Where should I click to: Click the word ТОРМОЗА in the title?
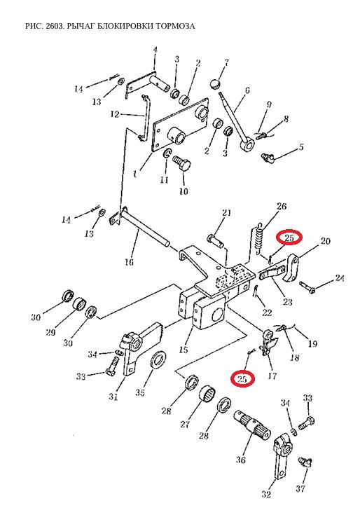(176, 26)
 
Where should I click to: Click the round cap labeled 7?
(215, 84)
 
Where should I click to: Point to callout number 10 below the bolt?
(184, 191)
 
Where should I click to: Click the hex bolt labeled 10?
(181, 163)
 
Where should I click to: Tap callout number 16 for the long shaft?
(130, 262)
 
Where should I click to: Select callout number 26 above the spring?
(282, 206)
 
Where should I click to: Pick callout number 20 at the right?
(325, 241)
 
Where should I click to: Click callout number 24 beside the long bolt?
(340, 279)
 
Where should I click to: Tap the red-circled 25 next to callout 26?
(289, 238)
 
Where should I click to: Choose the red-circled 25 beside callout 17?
(242, 378)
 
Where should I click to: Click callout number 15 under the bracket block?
(184, 350)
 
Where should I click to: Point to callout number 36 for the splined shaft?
(240, 460)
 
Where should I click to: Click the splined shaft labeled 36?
(252, 426)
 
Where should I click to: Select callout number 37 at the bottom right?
(300, 488)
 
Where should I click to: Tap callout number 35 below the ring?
(140, 392)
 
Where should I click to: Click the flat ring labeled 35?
(158, 360)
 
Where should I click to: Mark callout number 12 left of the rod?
(115, 114)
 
